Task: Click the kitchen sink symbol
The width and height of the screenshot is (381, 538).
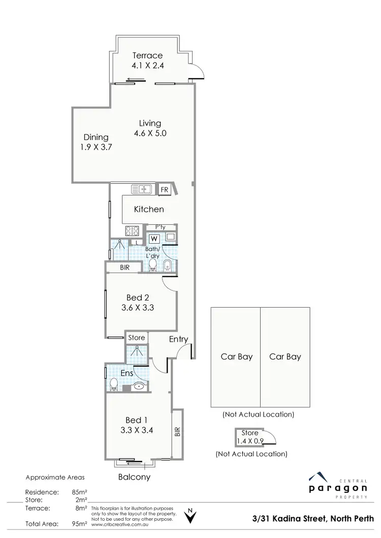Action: click(142, 189)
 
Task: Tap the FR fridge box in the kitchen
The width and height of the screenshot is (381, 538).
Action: click(164, 189)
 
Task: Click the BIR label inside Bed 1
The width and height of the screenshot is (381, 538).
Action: click(177, 432)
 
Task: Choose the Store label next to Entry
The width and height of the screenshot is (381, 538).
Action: click(136, 338)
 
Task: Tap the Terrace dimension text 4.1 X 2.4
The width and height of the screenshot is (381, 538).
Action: click(147, 65)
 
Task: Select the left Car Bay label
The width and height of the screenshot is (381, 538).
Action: click(236, 357)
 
